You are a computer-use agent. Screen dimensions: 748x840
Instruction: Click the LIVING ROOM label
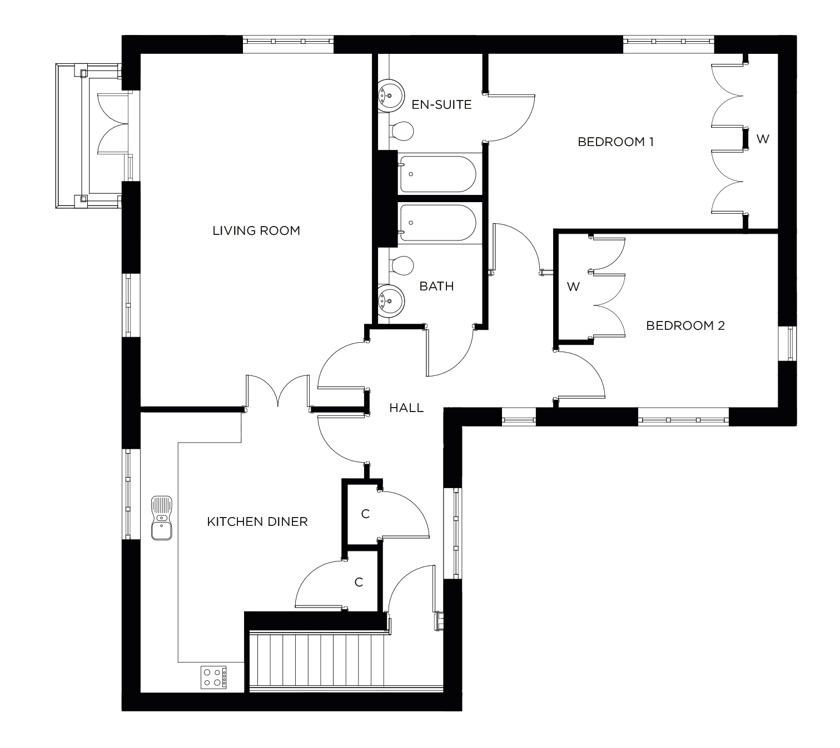tap(256, 230)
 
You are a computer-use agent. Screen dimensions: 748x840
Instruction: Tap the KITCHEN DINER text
tap(257, 522)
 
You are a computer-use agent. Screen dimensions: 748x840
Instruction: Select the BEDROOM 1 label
tap(615, 142)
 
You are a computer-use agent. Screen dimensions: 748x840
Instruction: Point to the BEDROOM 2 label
tap(685, 325)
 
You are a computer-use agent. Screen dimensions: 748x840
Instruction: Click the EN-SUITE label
tap(441, 104)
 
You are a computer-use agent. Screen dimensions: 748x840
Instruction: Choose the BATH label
tap(436, 286)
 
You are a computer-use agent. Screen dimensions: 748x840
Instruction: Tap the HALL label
tap(406, 408)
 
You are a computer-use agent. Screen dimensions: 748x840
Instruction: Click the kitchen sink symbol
tap(162, 518)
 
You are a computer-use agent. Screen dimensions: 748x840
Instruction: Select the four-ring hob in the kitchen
tap(214, 677)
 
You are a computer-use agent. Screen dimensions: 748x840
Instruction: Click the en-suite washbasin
tap(390, 96)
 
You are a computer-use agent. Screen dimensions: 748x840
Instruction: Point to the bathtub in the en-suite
tap(437, 174)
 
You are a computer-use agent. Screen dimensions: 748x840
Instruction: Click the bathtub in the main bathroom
tap(437, 223)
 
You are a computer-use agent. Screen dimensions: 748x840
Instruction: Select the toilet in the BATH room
tap(401, 265)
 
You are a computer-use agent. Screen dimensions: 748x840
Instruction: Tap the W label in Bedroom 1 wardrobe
tap(762, 139)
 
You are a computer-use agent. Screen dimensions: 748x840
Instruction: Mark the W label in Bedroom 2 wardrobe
tap(573, 287)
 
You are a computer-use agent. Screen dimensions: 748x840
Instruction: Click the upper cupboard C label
tap(365, 514)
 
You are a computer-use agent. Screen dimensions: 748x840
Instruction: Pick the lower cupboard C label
tap(359, 582)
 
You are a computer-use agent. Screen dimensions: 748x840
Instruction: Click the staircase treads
tap(317, 661)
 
